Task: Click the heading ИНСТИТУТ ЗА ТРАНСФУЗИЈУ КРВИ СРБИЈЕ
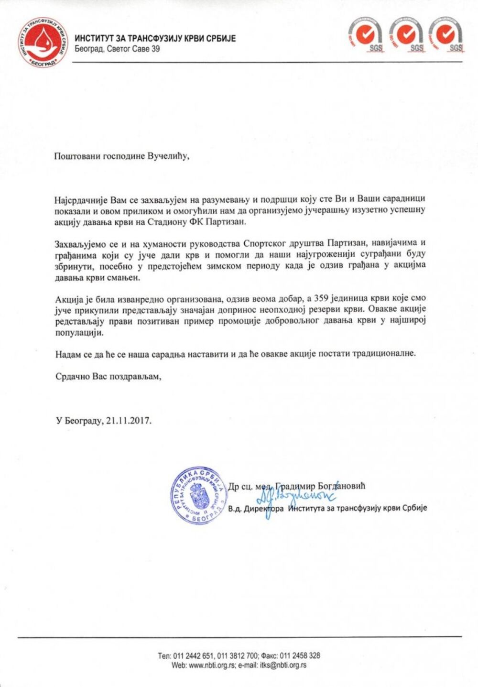pos(155,39)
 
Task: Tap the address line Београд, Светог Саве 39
pos(117,49)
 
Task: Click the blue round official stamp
pos(198,496)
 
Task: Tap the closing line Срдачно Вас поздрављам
pos(108,376)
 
